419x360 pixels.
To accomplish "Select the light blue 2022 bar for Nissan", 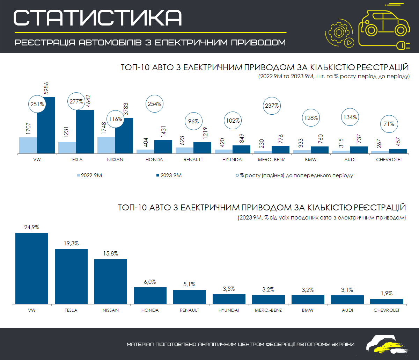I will (x=106, y=145).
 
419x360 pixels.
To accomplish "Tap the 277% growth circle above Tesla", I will (x=76, y=101).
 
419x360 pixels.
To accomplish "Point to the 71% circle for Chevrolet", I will (x=389, y=124).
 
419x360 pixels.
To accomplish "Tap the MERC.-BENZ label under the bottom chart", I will (x=268, y=310).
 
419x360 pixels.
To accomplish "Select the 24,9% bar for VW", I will (x=32, y=268).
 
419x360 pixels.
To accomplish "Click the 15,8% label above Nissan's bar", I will (x=110, y=253).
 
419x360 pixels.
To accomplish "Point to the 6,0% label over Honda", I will (x=150, y=281).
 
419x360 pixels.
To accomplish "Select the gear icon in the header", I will (x=338, y=33).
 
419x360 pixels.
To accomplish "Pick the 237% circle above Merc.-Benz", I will (x=272, y=105).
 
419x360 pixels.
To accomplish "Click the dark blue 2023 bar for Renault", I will (x=203, y=147).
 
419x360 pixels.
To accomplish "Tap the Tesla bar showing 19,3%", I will (x=71, y=276).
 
